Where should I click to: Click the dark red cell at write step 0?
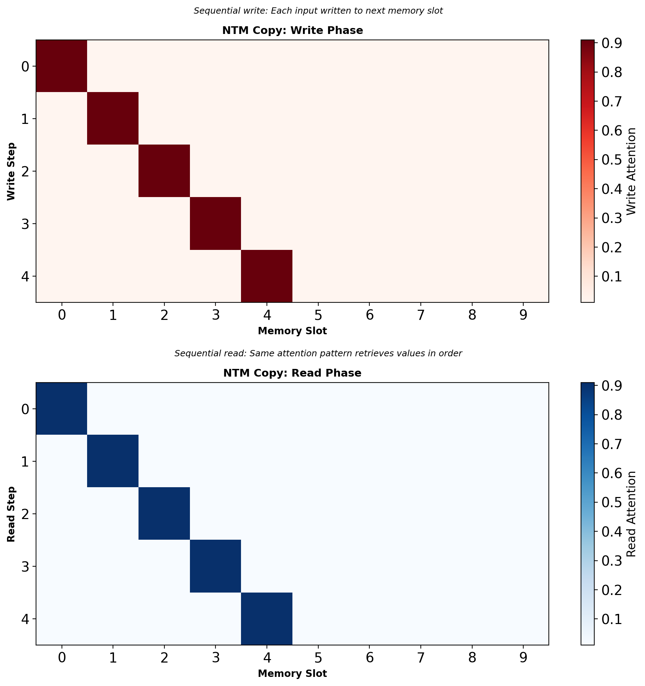[62, 66]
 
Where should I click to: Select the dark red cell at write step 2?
[164, 171]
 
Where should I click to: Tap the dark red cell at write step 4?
[267, 276]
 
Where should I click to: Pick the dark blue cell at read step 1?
[113, 461]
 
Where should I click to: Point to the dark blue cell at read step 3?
[215, 566]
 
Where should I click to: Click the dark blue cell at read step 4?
[267, 619]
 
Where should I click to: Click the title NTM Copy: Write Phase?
[292, 31]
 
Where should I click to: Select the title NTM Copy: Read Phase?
[292, 373]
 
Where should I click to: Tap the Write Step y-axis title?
[11, 171]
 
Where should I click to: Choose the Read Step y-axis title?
[11, 514]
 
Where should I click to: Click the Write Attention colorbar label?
[631, 171]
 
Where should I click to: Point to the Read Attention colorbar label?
[631, 514]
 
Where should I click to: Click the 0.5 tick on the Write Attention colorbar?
[611, 160]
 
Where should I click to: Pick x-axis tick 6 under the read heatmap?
[369, 658]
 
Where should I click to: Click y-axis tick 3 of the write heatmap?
[25, 224]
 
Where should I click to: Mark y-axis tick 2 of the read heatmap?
[25, 514]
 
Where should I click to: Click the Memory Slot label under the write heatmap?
[292, 331]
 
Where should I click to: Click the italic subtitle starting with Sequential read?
[318, 353]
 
